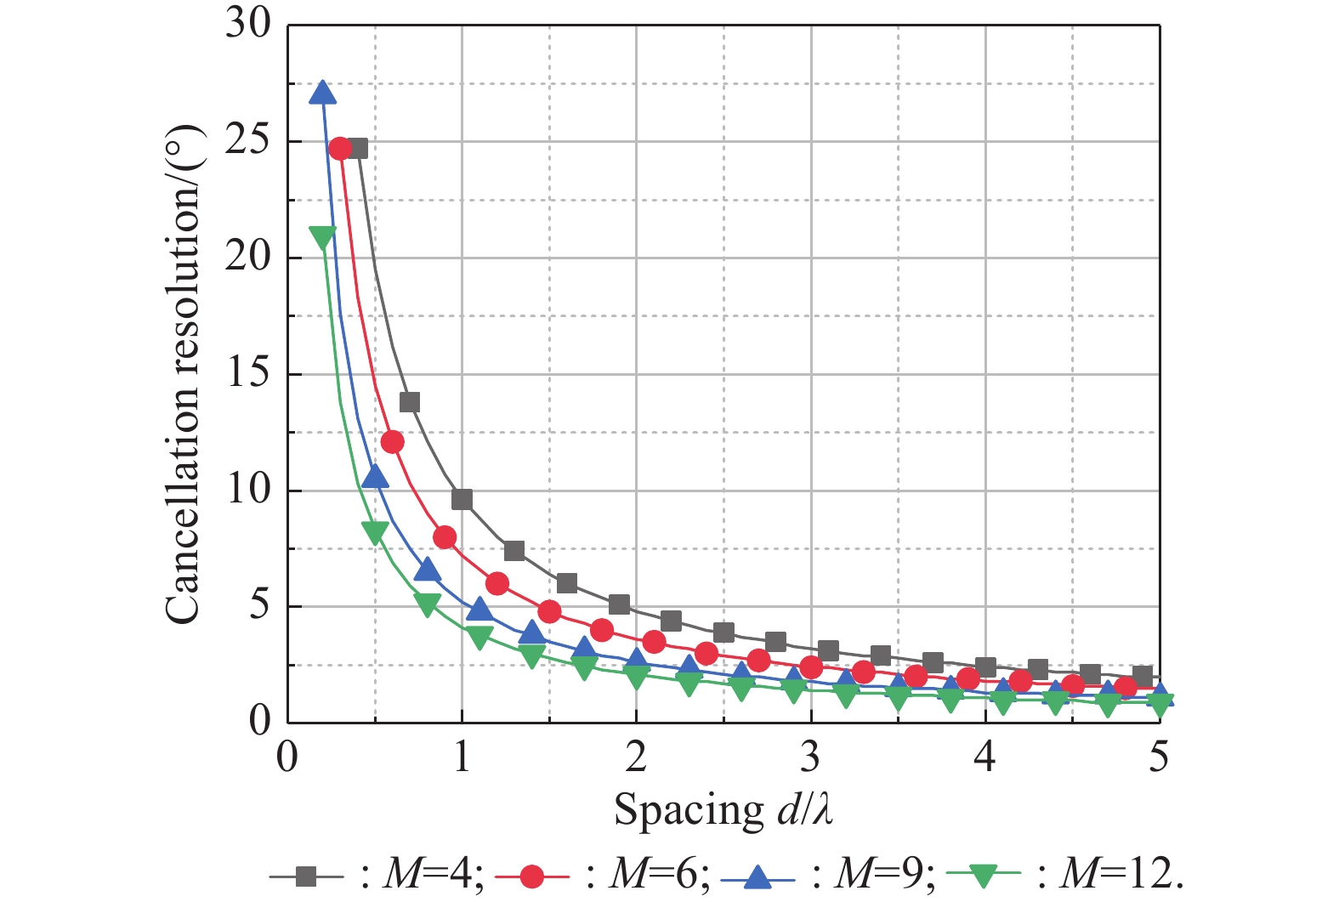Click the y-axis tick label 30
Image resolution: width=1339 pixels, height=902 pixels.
[247, 23]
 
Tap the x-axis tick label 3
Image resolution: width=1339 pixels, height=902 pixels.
[811, 756]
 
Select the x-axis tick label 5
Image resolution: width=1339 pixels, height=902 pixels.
[1159, 756]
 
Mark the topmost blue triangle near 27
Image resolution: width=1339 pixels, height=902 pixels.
[322, 93]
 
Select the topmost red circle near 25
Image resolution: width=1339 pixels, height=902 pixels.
[340, 149]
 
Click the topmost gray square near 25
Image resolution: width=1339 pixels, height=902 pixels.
[357, 148]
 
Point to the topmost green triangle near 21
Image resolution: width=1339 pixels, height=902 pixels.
[322, 238]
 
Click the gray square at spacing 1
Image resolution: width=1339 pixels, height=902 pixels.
[462, 499]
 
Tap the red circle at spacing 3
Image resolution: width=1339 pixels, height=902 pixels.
[811, 667]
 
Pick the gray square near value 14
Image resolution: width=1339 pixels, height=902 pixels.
[409, 402]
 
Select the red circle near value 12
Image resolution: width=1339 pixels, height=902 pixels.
[392, 442]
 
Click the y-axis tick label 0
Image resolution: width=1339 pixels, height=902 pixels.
[259, 721]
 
